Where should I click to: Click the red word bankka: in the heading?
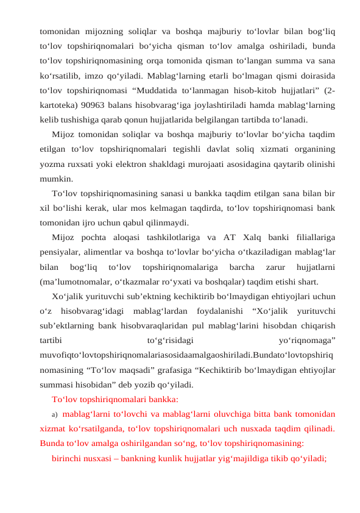tap(162, 399)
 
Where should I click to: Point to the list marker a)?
tap(54, 414)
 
